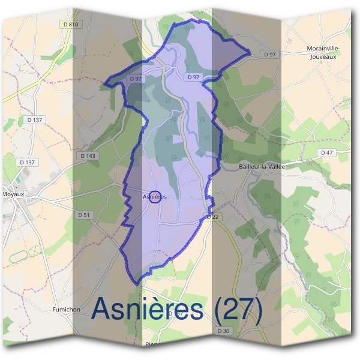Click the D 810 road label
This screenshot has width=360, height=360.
[x=70, y=24]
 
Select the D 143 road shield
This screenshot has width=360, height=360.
[x=88, y=155]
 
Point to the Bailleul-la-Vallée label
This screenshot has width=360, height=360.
[x=261, y=166]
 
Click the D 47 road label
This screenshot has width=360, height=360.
[x=326, y=152]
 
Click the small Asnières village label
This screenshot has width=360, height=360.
[x=155, y=196]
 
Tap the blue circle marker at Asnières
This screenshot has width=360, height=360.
[x=155, y=197]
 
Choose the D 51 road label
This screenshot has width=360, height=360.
[x=84, y=215]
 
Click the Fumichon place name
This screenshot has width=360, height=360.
[x=67, y=310]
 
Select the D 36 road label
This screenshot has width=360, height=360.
[x=224, y=331]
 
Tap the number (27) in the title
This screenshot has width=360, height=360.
[x=235, y=310]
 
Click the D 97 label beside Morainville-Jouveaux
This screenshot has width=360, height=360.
[x=270, y=55]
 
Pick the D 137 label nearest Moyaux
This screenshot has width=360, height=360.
[x=28, y=162]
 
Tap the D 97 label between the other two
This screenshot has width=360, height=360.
[x=193, y=77]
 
